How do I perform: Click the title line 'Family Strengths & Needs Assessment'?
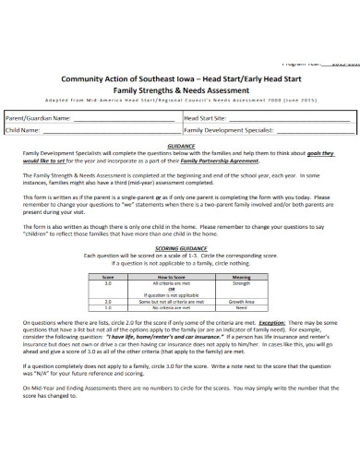click(178, 91)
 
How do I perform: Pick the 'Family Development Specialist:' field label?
click(230, 131)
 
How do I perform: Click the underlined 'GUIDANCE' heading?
click(179, 146)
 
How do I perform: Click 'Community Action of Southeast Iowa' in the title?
click(126, 79)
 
